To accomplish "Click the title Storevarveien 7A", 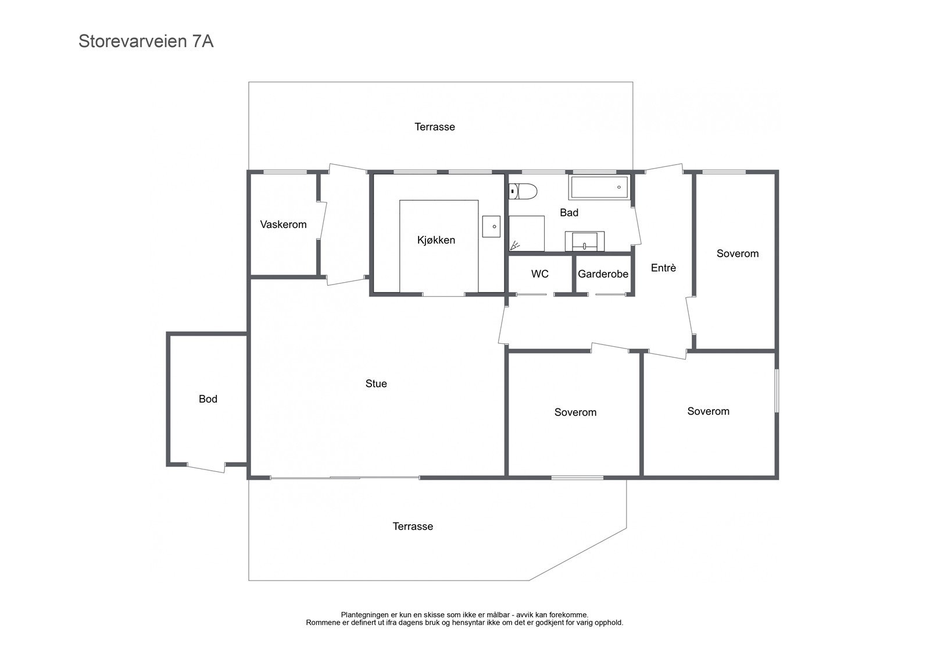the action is pos(146,41).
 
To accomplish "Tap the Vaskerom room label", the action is pos(283,225).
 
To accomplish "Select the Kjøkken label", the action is pos(436,240).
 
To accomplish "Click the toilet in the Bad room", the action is pos(523,191).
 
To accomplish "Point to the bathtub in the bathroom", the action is pos(599,187).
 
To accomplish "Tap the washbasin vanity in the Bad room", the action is pos(585,241).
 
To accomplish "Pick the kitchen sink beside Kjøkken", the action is pos(491,226).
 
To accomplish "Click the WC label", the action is pos(540,274).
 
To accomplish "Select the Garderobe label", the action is pos(603,275).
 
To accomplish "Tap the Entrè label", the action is pos(663,268).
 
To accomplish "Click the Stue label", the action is pos(375,383).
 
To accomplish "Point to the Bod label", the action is pos(208,399).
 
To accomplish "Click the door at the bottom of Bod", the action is pos(206,468).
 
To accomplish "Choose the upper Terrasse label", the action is pos(435,127).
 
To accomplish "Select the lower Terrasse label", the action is pos(413,527).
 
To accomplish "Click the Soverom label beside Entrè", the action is pos(738,254).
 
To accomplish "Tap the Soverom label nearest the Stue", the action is pos(575,412).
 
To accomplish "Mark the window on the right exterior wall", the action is pos(777,391).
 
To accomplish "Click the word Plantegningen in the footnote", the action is pos(365,615).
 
